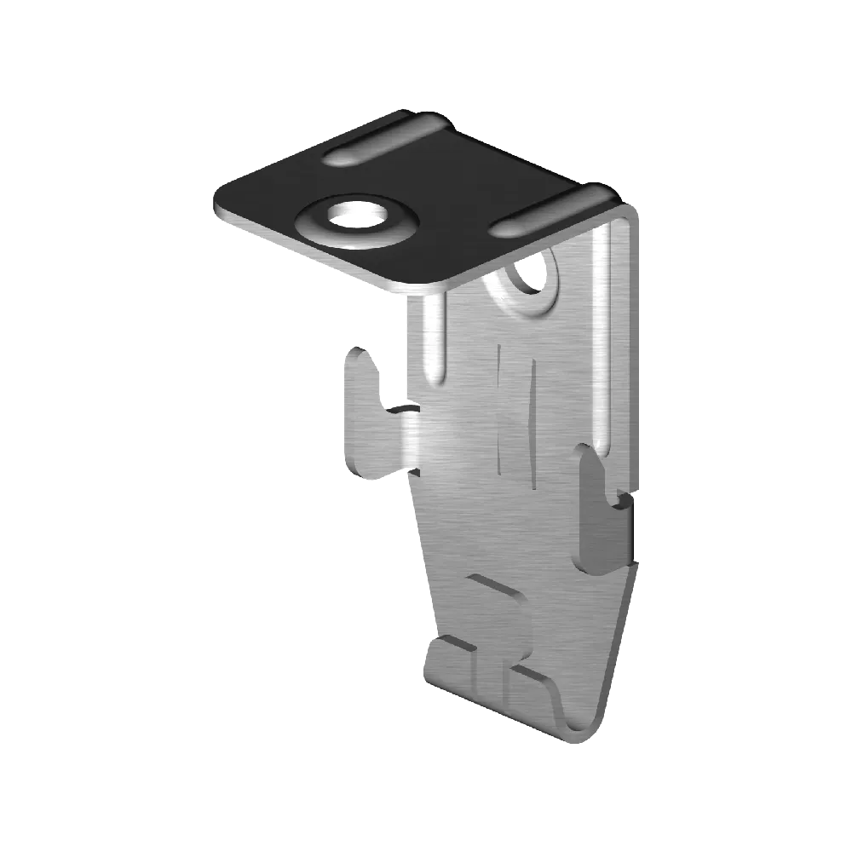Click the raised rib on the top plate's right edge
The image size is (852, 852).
click(554, 213)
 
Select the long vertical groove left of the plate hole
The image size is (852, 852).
click(435, 341)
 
